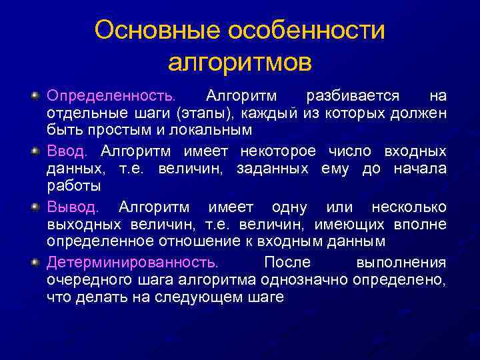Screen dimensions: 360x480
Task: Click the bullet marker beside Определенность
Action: pos(35,96)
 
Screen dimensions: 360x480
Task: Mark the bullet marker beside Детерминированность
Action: pos(35,262)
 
